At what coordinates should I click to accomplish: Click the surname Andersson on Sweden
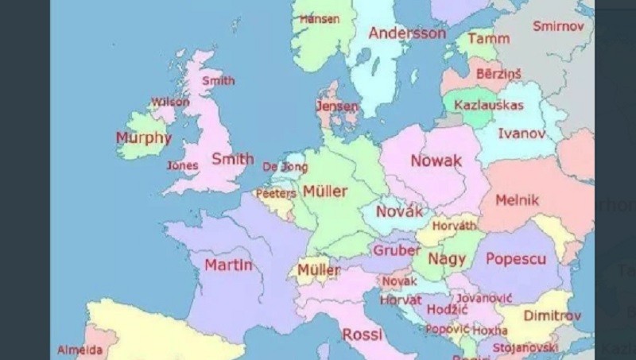point(407,33)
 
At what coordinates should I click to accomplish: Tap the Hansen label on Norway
point(319,18)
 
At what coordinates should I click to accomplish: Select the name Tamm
point(488,38)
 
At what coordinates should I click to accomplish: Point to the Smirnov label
point(557,26)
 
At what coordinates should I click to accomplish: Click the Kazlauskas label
point(488,105)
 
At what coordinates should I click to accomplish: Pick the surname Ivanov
point(522,134)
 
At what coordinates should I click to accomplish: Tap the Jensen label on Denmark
point(336,106)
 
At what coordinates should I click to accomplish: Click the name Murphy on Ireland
point(143,137)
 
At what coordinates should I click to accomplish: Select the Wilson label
point(170,102)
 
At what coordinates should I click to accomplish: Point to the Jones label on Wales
point(182,165)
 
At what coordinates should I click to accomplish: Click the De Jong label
point(284,167)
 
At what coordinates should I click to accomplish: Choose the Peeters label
point(275,193)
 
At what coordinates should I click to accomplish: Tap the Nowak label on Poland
point(436,161)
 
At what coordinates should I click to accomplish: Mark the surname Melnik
point(517,200)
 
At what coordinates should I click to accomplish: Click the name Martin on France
point(228,265)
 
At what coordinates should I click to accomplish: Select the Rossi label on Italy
point(363,335)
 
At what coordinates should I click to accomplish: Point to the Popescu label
point(515,259)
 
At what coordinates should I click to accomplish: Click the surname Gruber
point(396,251)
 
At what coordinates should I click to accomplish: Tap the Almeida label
point(79,350)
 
